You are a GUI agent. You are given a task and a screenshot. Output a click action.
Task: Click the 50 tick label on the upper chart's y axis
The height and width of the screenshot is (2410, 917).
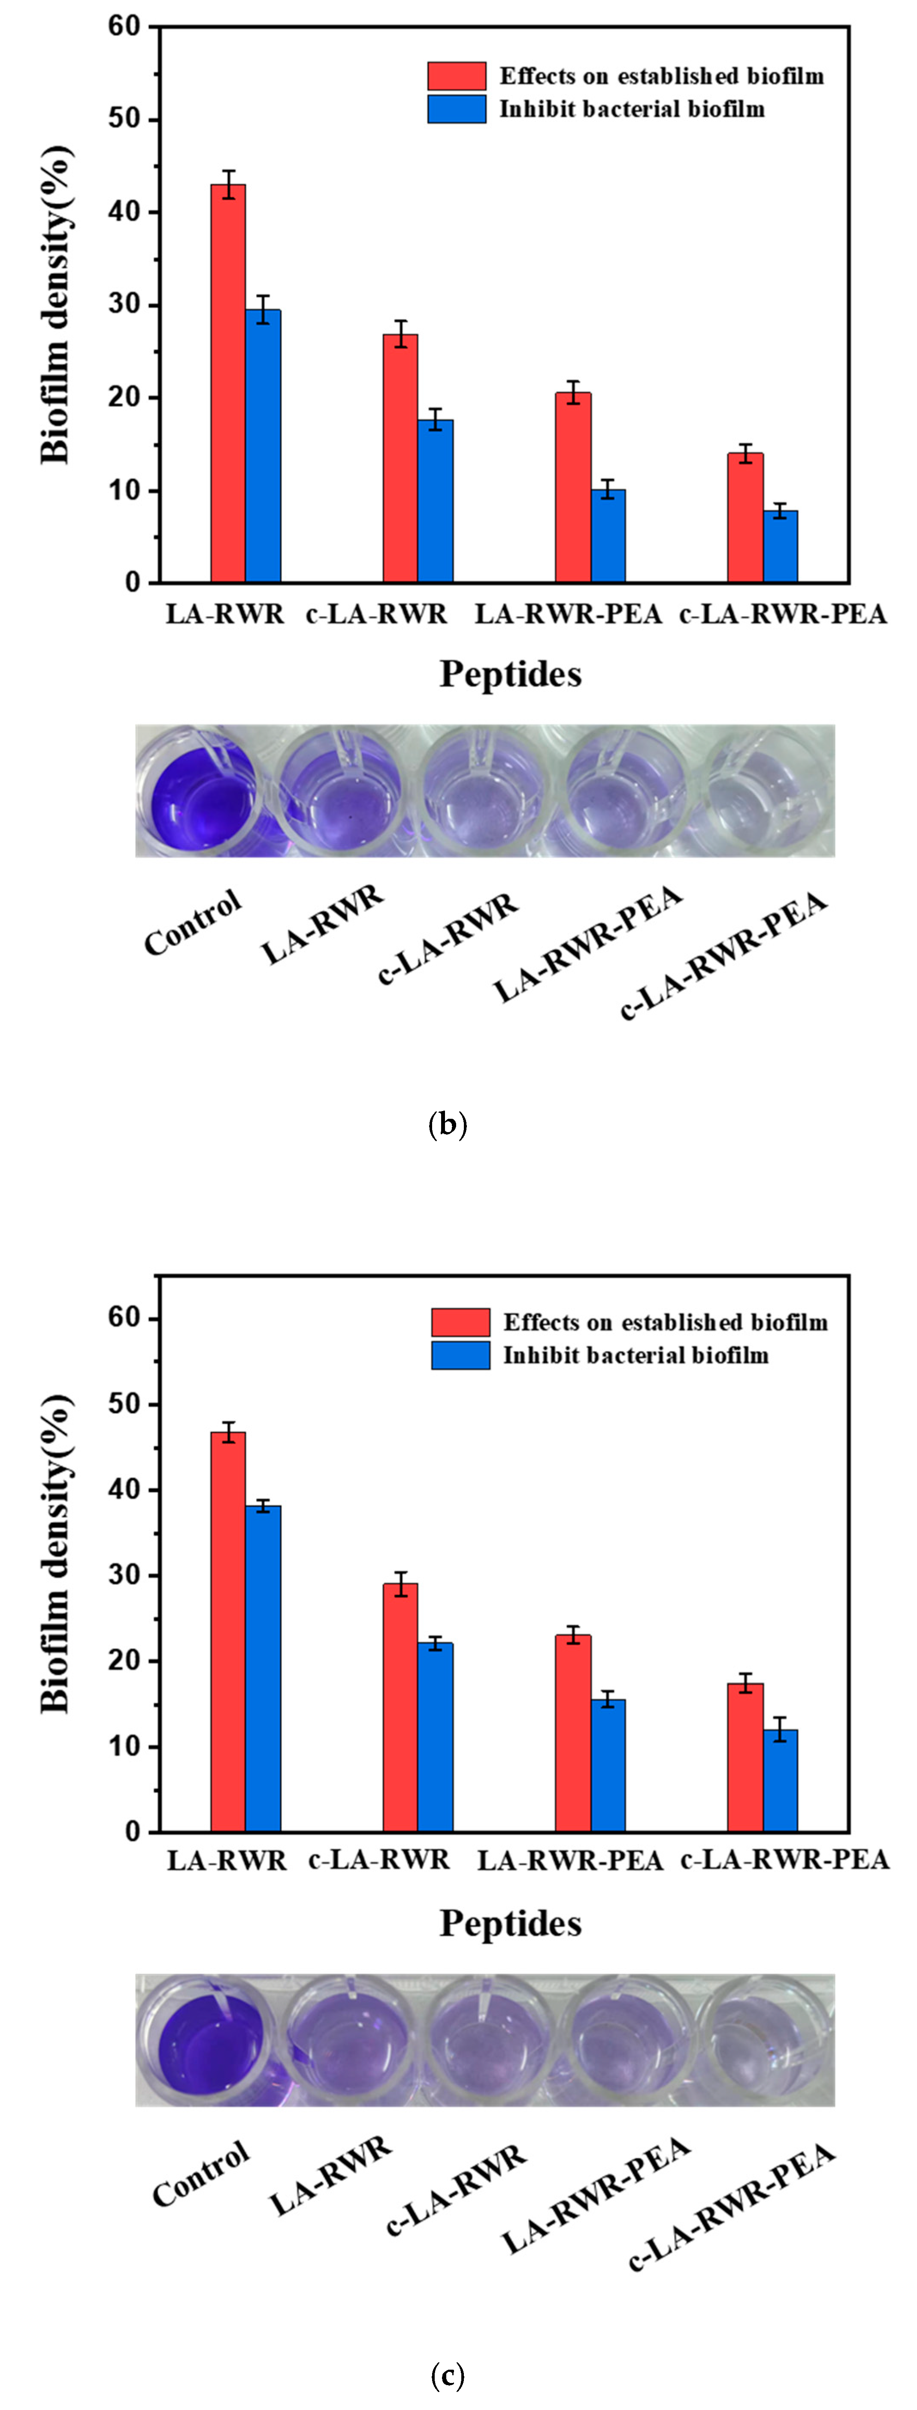tap(124, 120)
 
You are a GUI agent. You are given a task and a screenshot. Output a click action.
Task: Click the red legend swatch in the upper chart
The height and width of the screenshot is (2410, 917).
tap(457, 76)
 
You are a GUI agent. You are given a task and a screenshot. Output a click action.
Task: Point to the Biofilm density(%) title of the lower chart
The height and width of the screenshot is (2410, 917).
tap(56, 1553)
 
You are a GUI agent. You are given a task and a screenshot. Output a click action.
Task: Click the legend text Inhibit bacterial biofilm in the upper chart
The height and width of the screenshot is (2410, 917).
tap(632, 109)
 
